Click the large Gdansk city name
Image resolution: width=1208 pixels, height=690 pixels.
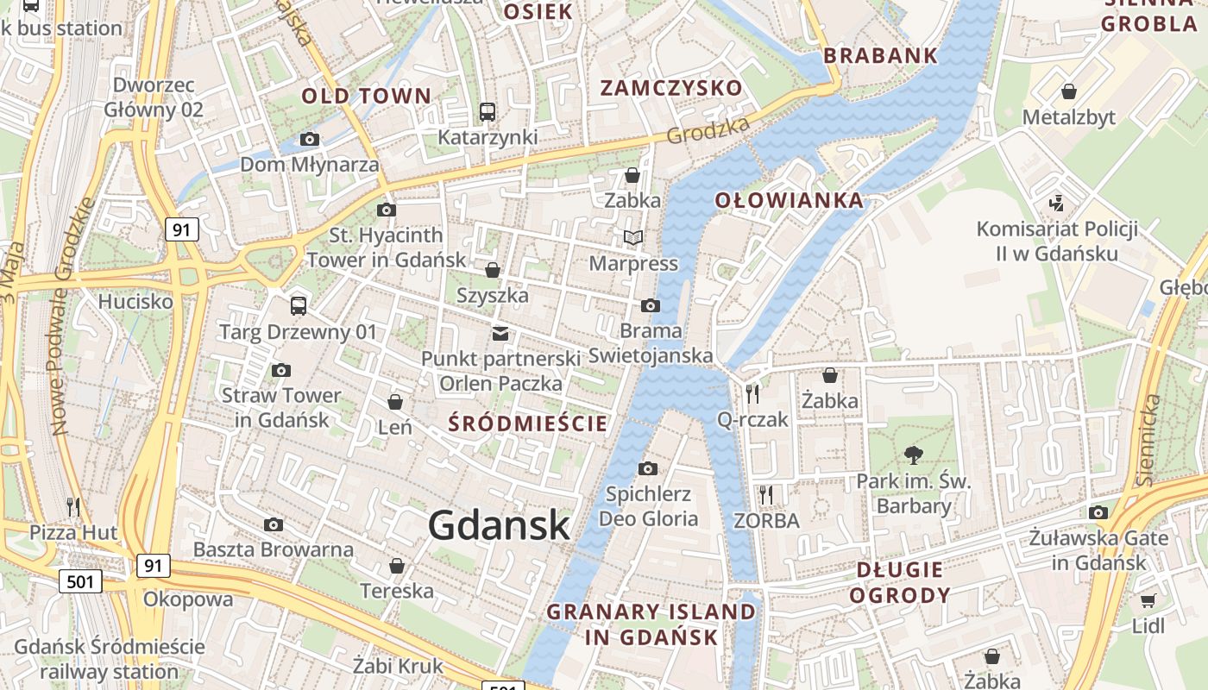coord(499,524)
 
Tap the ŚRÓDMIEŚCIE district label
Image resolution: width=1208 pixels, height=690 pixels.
coord(529,423)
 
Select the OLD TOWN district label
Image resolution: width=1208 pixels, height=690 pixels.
coord(366,96)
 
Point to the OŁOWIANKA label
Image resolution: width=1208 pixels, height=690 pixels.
coord(789,201)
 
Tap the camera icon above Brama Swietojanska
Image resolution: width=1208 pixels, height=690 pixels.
coord(651,305)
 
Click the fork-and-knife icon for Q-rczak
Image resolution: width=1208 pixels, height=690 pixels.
coord(752,394)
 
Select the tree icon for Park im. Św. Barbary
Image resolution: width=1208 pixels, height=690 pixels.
coord(913,455)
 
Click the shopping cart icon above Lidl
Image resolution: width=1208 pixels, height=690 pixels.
coord(1148,600)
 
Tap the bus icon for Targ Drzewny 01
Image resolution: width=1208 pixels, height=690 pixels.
coord(299,305)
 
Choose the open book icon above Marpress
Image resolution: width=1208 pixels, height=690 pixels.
coord(633,237)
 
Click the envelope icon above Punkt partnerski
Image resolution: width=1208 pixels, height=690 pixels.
coord(500,334)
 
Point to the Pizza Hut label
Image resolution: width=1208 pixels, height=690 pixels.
coord(73,532)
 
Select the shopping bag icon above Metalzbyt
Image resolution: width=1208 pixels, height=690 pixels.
coord(1069,91)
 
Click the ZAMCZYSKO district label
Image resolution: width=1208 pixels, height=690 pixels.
coord(670,88)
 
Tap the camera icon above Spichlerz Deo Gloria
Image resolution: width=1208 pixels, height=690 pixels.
coord(648,468)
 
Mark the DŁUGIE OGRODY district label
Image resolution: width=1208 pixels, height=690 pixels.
coord(900,582)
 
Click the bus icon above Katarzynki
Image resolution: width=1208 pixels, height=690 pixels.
coord(488,111)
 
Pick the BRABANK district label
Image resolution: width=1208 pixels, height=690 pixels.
coord(880,56)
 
